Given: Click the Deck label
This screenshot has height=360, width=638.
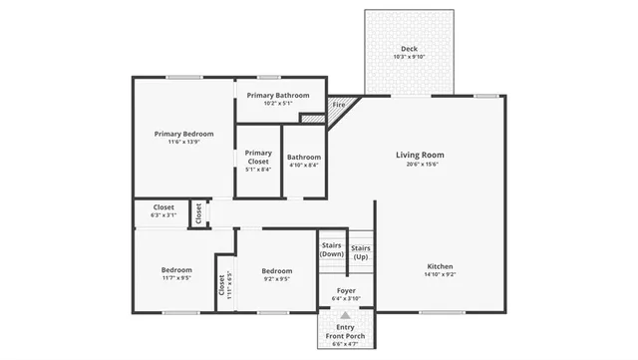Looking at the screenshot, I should (409, 49).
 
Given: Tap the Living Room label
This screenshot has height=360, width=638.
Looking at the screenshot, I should (420, 155).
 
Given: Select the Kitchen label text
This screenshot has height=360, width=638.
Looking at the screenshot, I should (440, 266).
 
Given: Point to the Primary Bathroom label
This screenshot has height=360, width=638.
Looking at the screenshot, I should (279, 95).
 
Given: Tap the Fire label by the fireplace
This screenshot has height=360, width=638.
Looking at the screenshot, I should (338, 104).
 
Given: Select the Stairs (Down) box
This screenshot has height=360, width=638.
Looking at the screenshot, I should (332, 249).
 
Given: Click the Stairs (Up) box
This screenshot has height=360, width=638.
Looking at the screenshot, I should (361, 252).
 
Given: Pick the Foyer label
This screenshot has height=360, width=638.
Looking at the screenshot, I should (346, 290).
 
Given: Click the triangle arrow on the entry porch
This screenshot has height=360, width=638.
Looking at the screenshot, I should (346, 315).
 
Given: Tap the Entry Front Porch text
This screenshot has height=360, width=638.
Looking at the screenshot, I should (345, 332).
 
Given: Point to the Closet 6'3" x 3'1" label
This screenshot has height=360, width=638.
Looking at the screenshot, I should (163, 210).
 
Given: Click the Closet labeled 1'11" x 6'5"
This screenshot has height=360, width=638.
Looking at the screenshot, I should (223, 283).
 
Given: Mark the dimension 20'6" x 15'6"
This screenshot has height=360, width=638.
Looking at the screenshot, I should (420, 165).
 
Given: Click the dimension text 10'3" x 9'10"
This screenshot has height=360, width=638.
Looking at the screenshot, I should (409, 57).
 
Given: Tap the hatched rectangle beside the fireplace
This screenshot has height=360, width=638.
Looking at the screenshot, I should (313, 120).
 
